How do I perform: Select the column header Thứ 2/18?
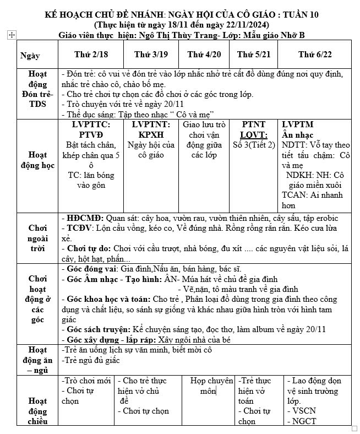pyautogui.click(x=91, y=54)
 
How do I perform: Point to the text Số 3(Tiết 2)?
pyautogui.click(x=253, y=145)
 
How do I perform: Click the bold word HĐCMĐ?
pyautogui.click(x=84, y=218)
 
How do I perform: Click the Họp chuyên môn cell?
pyautogui.click(x=211, y=386)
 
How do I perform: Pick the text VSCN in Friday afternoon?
pyautogui.click(x=304, y=411)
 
